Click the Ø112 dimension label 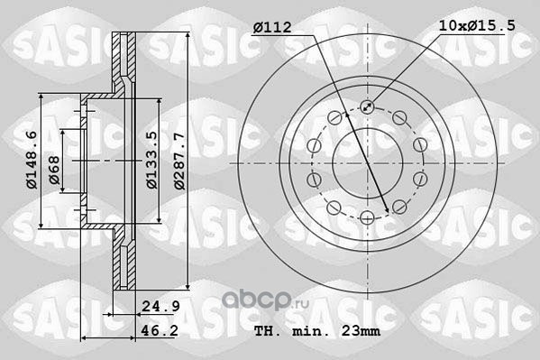[x=272, y=28]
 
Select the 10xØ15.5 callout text [x=477, y=25]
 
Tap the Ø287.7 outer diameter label [x=179, y=161]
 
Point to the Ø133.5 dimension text [x=151, y=160]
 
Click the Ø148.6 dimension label [x=32, y=160]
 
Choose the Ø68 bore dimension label [x=54, y=171]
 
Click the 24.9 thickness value [x=160, y=306]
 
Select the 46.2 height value [x=160, y=330]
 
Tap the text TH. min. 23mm [x=317, y=331]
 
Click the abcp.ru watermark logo [x=265, y=300]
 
